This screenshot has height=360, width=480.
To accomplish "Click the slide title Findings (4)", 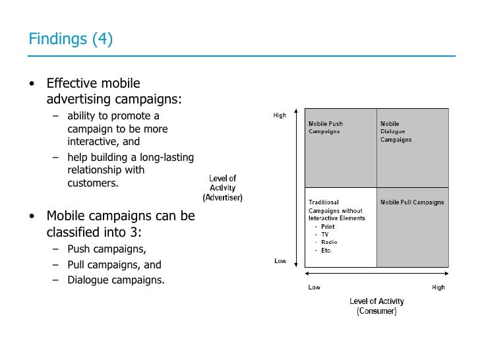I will (71, 40).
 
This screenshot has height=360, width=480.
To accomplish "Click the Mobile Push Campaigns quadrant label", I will (326, 127).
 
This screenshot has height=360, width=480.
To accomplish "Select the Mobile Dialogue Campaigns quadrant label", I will (396, 131).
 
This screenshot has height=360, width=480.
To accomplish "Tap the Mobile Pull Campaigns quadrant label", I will (412, 202).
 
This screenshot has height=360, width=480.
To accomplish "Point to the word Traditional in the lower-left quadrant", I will (324, 202).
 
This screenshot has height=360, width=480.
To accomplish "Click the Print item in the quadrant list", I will (328, 227).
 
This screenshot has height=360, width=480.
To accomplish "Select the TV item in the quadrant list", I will (325, 235).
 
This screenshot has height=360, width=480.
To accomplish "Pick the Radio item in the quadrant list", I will (328, 243).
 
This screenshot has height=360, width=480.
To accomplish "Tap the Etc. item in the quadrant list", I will (327, 251).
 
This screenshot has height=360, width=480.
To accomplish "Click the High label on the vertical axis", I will (280, 116).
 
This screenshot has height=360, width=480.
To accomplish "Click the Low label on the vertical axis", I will (280, 261).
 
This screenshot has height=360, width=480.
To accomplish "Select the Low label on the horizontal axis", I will (315, 287).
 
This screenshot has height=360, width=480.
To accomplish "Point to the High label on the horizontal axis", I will (438, 287).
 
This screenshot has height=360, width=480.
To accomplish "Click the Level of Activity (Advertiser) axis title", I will (223, 188).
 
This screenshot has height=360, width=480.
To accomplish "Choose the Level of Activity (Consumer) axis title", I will (376, 306).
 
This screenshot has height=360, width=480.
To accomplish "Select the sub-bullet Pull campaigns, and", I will (114, 265).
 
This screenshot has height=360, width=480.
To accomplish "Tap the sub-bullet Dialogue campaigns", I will (116, 280).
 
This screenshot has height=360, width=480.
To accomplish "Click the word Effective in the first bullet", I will (71, 84).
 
